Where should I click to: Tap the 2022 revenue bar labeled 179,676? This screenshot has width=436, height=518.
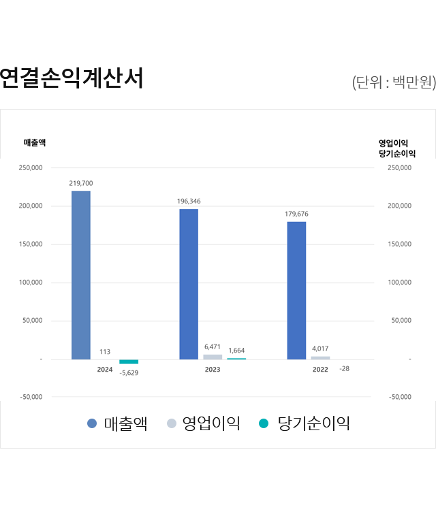pyautogui.click(x=296, y=290)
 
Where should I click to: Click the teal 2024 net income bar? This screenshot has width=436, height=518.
pyautogui.click(x=129, y=361)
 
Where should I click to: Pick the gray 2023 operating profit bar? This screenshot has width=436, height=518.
pyautogui.click(x=213, y=357)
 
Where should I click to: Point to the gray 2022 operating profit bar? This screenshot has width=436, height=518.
pyautogui.click(x=320, y=357)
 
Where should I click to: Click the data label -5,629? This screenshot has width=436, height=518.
pyautogui.click(x=129, y=373)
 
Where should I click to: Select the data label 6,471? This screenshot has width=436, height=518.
pyautogui.click(x=213, y=347)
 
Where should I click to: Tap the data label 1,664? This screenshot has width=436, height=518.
pyautogui.click(x=236, y=351)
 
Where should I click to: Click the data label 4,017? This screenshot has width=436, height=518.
pyautogui.click(x=320, y=349)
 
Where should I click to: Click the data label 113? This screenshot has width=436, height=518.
pyautogui.click(x=105, y=352)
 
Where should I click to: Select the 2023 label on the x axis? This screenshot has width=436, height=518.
pyautogui.click(x=213, y=370)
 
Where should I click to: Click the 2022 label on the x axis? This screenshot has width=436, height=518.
pyautogui.click(x=320, y=370)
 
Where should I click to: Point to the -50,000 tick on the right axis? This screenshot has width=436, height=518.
pyautogui.click(x=400, y=397)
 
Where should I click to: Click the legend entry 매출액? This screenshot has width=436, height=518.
pyautogui.click(x=117, y=423)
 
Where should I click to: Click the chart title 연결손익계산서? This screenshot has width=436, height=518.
pyautogui.click(x=72, y=79)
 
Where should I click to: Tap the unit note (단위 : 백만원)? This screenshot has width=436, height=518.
pyautogui.click(x=394, y=83)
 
